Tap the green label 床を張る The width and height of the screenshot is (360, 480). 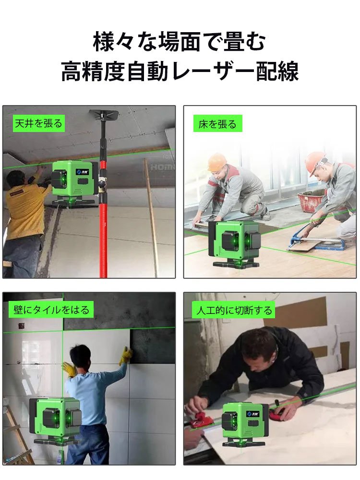coord(217,124)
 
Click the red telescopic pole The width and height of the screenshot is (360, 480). coord(103,230)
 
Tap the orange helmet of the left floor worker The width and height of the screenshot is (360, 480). coord(217,162)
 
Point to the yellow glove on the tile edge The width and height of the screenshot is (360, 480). coord(126,355)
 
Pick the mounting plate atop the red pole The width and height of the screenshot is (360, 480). coord(104,115)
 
